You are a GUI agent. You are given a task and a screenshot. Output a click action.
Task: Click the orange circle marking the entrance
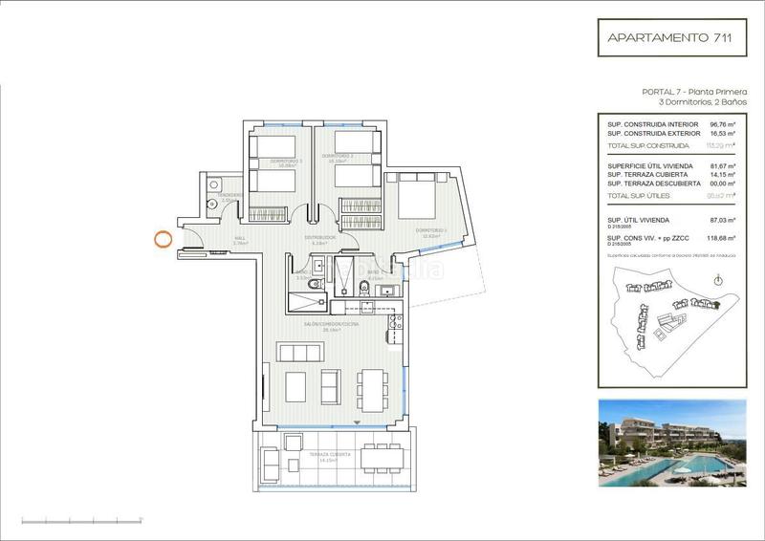pos(164,239)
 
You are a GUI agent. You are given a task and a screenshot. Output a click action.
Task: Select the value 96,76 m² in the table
pos(722,123)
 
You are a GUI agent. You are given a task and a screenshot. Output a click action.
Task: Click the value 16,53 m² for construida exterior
pos(722,134)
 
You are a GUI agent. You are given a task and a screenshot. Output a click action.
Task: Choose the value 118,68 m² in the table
pos(722,238)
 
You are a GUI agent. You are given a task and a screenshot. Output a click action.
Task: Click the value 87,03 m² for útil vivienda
pos(722,220)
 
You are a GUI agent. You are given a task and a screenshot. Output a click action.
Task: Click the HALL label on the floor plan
pos(241,238)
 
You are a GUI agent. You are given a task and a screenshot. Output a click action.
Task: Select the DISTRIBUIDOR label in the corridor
pos(318,237)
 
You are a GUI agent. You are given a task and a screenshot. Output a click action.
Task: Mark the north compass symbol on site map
pos(718,279)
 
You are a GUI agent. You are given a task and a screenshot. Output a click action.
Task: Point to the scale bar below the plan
pos(82,520)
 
